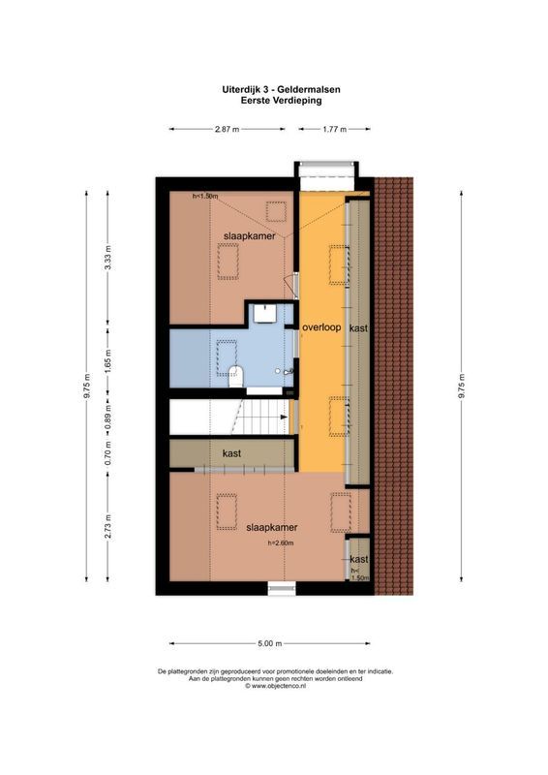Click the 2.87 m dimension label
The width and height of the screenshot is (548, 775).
(228, 129)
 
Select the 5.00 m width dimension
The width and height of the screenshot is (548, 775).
(269, 643)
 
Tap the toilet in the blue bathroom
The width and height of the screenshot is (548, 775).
(237, 377)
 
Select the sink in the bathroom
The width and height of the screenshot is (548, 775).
(263, 313)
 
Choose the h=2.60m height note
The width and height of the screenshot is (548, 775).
(286, 543)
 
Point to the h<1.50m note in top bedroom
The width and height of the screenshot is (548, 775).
(205, 197)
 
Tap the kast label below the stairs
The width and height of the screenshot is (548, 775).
(231, 453)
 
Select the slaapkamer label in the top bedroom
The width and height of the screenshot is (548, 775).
(249, 235)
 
